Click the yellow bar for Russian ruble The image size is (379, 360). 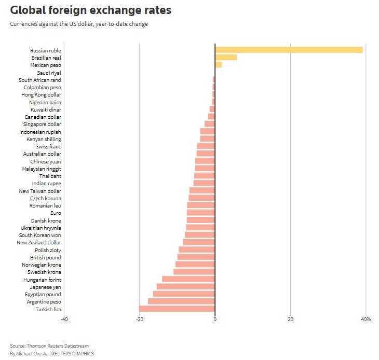tap(289, 50)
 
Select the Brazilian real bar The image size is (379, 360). tap(226, 58)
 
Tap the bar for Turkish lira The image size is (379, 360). tap(177, 309)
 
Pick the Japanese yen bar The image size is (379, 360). tap(186, 287)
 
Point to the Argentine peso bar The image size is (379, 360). tap(181, 301)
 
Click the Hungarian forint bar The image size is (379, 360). tap(188, 279)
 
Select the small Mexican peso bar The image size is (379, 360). tap(219, 65)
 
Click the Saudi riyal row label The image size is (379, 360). tap(49, 73)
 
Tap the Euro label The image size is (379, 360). tap(56, 213)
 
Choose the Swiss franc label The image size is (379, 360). tap(48, 147)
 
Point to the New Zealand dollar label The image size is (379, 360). tap(39, 243)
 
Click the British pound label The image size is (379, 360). tap(46, 257)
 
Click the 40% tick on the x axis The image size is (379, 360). tap(366, 319)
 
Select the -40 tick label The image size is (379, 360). tap(64, 319)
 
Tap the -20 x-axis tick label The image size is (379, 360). tap(139, 319)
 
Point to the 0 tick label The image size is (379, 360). tap(215, 319)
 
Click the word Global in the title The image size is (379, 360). tap(31, 10)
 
